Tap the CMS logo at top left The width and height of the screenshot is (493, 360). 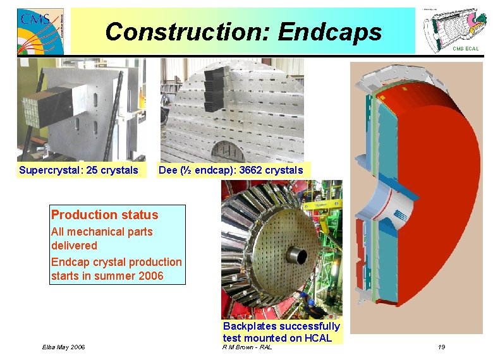[40, 31]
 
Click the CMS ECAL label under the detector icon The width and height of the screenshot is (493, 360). [466, 49]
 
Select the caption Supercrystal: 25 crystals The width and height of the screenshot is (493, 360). [78, 170]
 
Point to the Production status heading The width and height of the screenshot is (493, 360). [104, 215]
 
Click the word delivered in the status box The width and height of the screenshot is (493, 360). [74, 246]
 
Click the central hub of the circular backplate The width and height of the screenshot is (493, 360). [295, 255]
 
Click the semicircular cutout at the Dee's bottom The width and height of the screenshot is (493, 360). [233, 151]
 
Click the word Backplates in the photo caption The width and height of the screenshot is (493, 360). [250, 327]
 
